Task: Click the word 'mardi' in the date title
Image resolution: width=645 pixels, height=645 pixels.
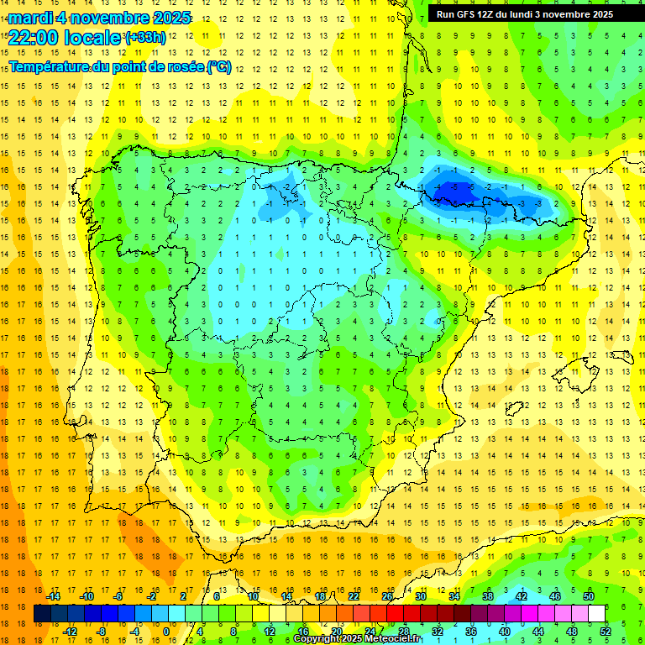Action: point(33,18)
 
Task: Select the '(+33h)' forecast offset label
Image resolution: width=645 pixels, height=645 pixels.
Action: point(145,37)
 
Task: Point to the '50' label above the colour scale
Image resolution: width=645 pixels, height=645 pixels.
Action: point(589,596)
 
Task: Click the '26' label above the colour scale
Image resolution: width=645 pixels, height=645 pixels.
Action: point(387,596)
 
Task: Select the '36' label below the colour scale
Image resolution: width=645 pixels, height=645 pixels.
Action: point(471,632)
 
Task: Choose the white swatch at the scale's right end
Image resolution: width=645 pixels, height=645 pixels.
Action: point(597,614)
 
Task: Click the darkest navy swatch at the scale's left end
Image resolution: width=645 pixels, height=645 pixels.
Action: point(42,614)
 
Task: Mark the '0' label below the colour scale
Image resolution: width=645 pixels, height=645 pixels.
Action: point(165,632)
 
